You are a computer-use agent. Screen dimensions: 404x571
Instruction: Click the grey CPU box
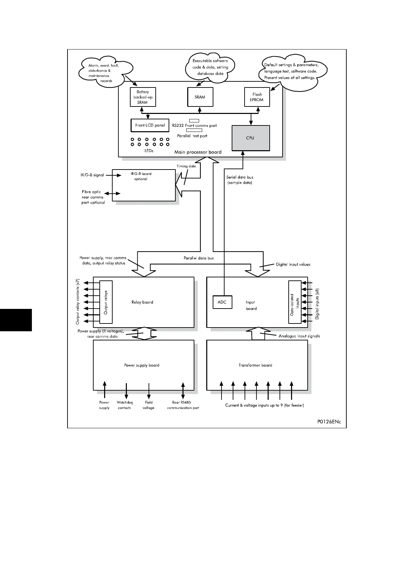click(x=251, y=138)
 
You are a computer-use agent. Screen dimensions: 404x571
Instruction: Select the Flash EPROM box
click(x=257, y=97)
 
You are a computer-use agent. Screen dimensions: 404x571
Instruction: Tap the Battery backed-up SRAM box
click(x=142, y=97)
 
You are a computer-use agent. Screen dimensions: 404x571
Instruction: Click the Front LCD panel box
click(x=150, y=125)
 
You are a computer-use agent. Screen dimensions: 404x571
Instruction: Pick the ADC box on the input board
click(x=222, y=302)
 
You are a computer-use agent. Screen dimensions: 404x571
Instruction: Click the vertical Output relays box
click(x=105, y=302)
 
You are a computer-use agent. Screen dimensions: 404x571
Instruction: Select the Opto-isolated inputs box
click(x=294, y=302)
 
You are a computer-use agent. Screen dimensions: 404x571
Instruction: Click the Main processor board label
click(x=198, y=152)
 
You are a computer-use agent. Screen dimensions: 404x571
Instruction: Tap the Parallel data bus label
click(x=199, y=258)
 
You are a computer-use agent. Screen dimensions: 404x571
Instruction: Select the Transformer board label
click(x=255, y=365)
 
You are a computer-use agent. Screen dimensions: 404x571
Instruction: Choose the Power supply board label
click(x=141, y=365)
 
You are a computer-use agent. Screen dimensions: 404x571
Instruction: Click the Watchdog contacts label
click(x=124, y=405)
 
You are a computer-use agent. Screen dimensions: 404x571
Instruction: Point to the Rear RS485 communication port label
click(x=183, y=405)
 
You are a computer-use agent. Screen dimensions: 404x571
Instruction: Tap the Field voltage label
click(x=149, y=405)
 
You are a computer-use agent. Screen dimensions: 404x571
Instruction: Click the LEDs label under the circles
click(x=149, y=151)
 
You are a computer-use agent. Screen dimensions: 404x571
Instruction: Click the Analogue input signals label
click(x=299, y=336)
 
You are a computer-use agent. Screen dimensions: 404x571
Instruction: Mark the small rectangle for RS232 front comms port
click(x=194, y=121)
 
